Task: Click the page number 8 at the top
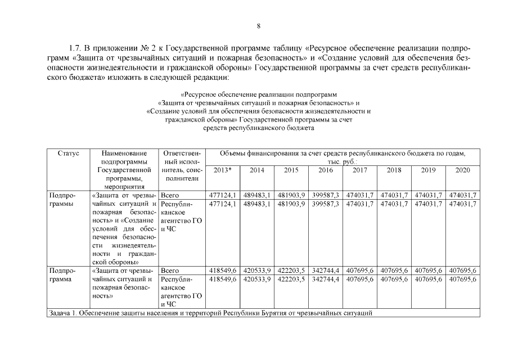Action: [x=258, y=25]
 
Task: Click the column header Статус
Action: [x=68, y=153]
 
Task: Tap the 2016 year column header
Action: [x=325, y=169]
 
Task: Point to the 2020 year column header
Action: [x=462, y=169]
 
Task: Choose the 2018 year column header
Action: [x=394, y=169]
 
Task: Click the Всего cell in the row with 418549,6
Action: [x=169, y=271]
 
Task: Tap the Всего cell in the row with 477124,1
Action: [x=169, y=195]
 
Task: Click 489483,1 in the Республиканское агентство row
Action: [x=257, y=204]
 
